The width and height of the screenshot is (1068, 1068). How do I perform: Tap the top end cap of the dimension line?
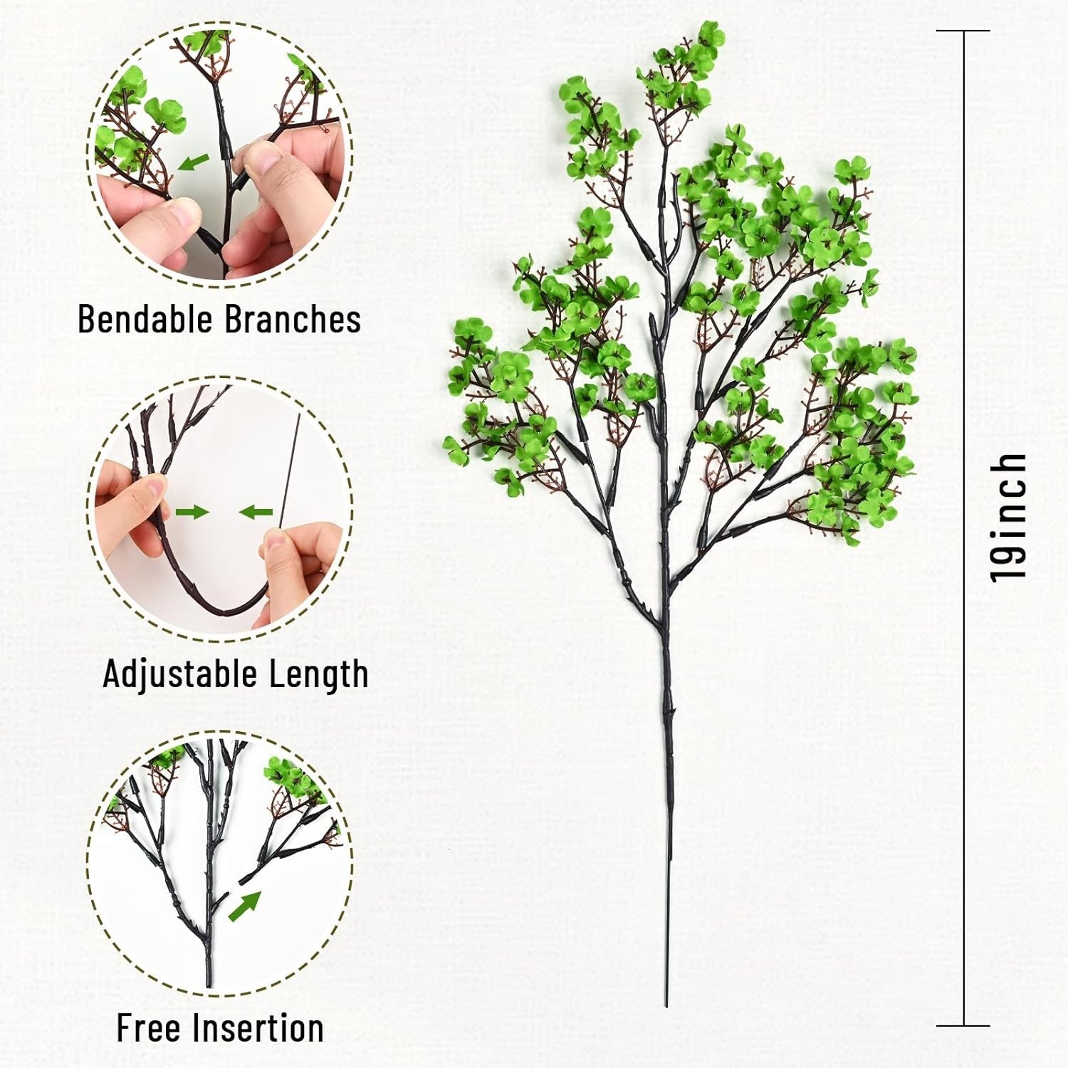point(963,31)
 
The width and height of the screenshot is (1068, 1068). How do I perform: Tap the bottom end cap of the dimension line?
point(963,1026)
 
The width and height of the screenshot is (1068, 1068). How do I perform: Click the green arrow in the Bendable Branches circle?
point(194,162)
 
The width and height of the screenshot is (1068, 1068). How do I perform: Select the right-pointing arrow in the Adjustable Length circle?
point(192,511)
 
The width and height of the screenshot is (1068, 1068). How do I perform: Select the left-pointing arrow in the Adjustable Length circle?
point(256,511)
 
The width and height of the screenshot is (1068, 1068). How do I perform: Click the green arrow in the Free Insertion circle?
point(245,906)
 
